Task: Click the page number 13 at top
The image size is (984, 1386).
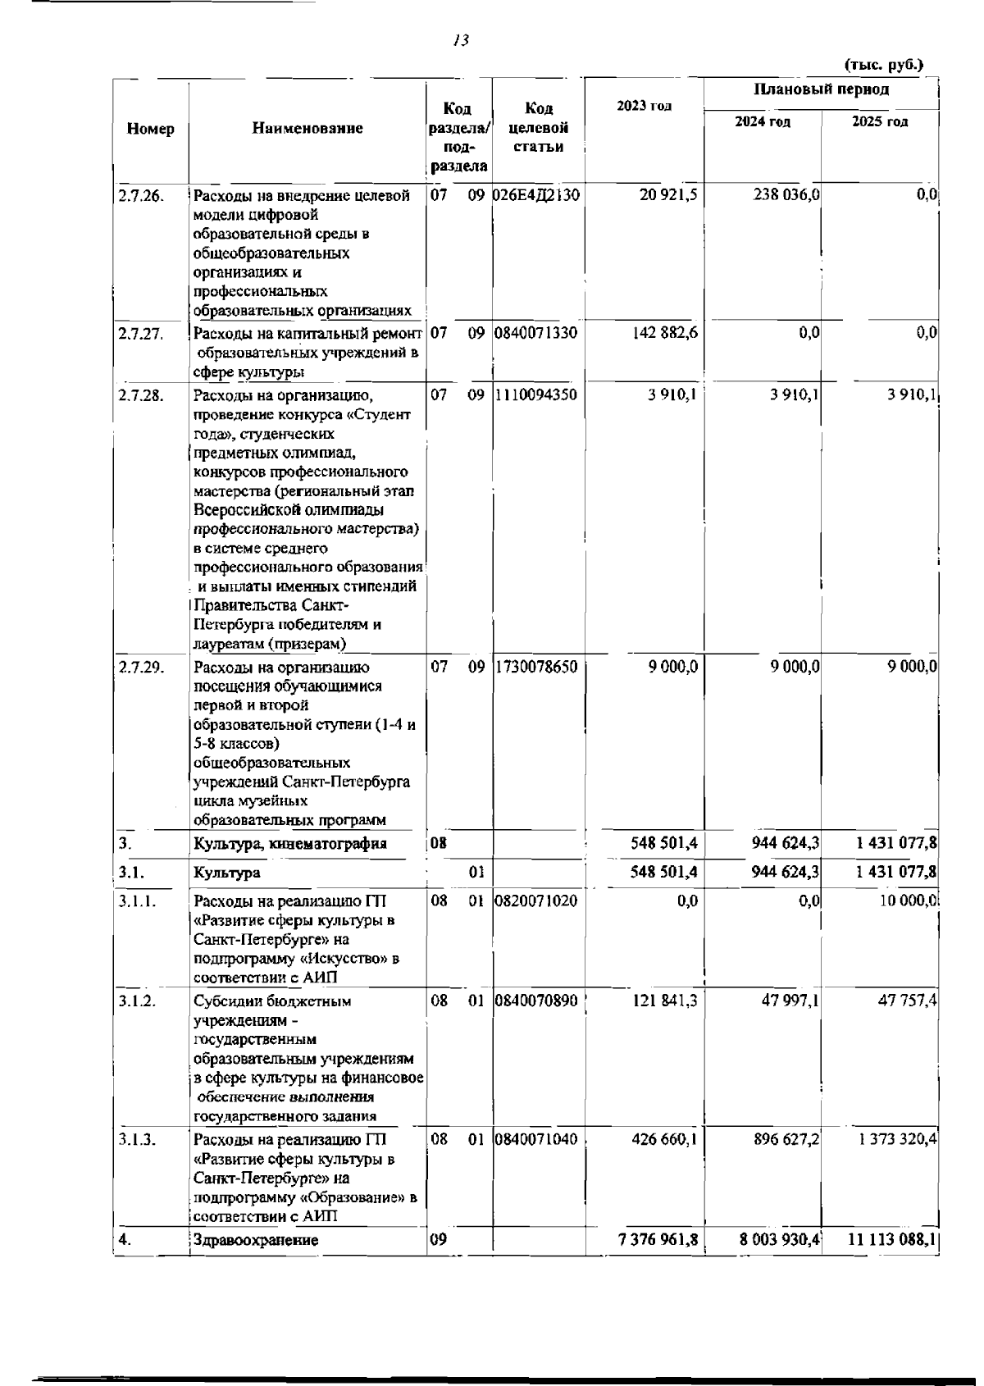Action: (460, 40)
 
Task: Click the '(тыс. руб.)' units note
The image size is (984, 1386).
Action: (883, 64)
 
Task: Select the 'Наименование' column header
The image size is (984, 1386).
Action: (307, 128)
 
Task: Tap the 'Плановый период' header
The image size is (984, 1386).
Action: (821, 89)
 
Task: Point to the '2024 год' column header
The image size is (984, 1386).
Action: (763, 121)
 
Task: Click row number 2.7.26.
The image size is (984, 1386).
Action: (141, 195)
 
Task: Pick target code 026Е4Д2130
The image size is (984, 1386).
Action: (537, 195)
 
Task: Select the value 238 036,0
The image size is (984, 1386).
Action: (786, 195)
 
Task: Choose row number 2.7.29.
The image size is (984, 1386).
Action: (141, 667)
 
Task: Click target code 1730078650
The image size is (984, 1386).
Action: (537, 667)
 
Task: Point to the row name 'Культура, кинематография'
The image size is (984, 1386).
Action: (290, 843)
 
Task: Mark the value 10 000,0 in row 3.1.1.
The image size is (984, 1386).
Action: (907, 900)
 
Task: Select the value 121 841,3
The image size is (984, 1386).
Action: (664, 1001)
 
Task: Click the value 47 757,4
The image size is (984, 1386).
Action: (909, 1001)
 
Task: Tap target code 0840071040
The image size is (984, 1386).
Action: (537, 1139)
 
